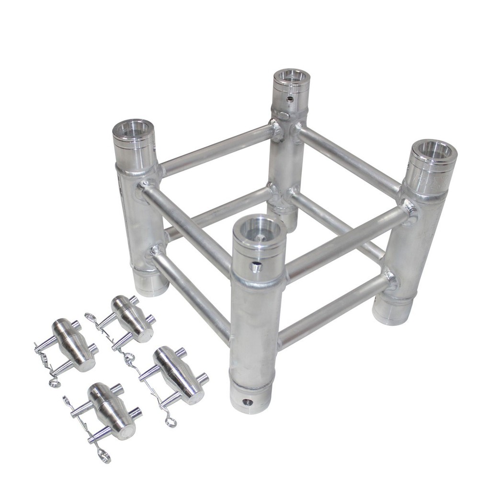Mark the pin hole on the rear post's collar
click(x=289, y=100)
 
